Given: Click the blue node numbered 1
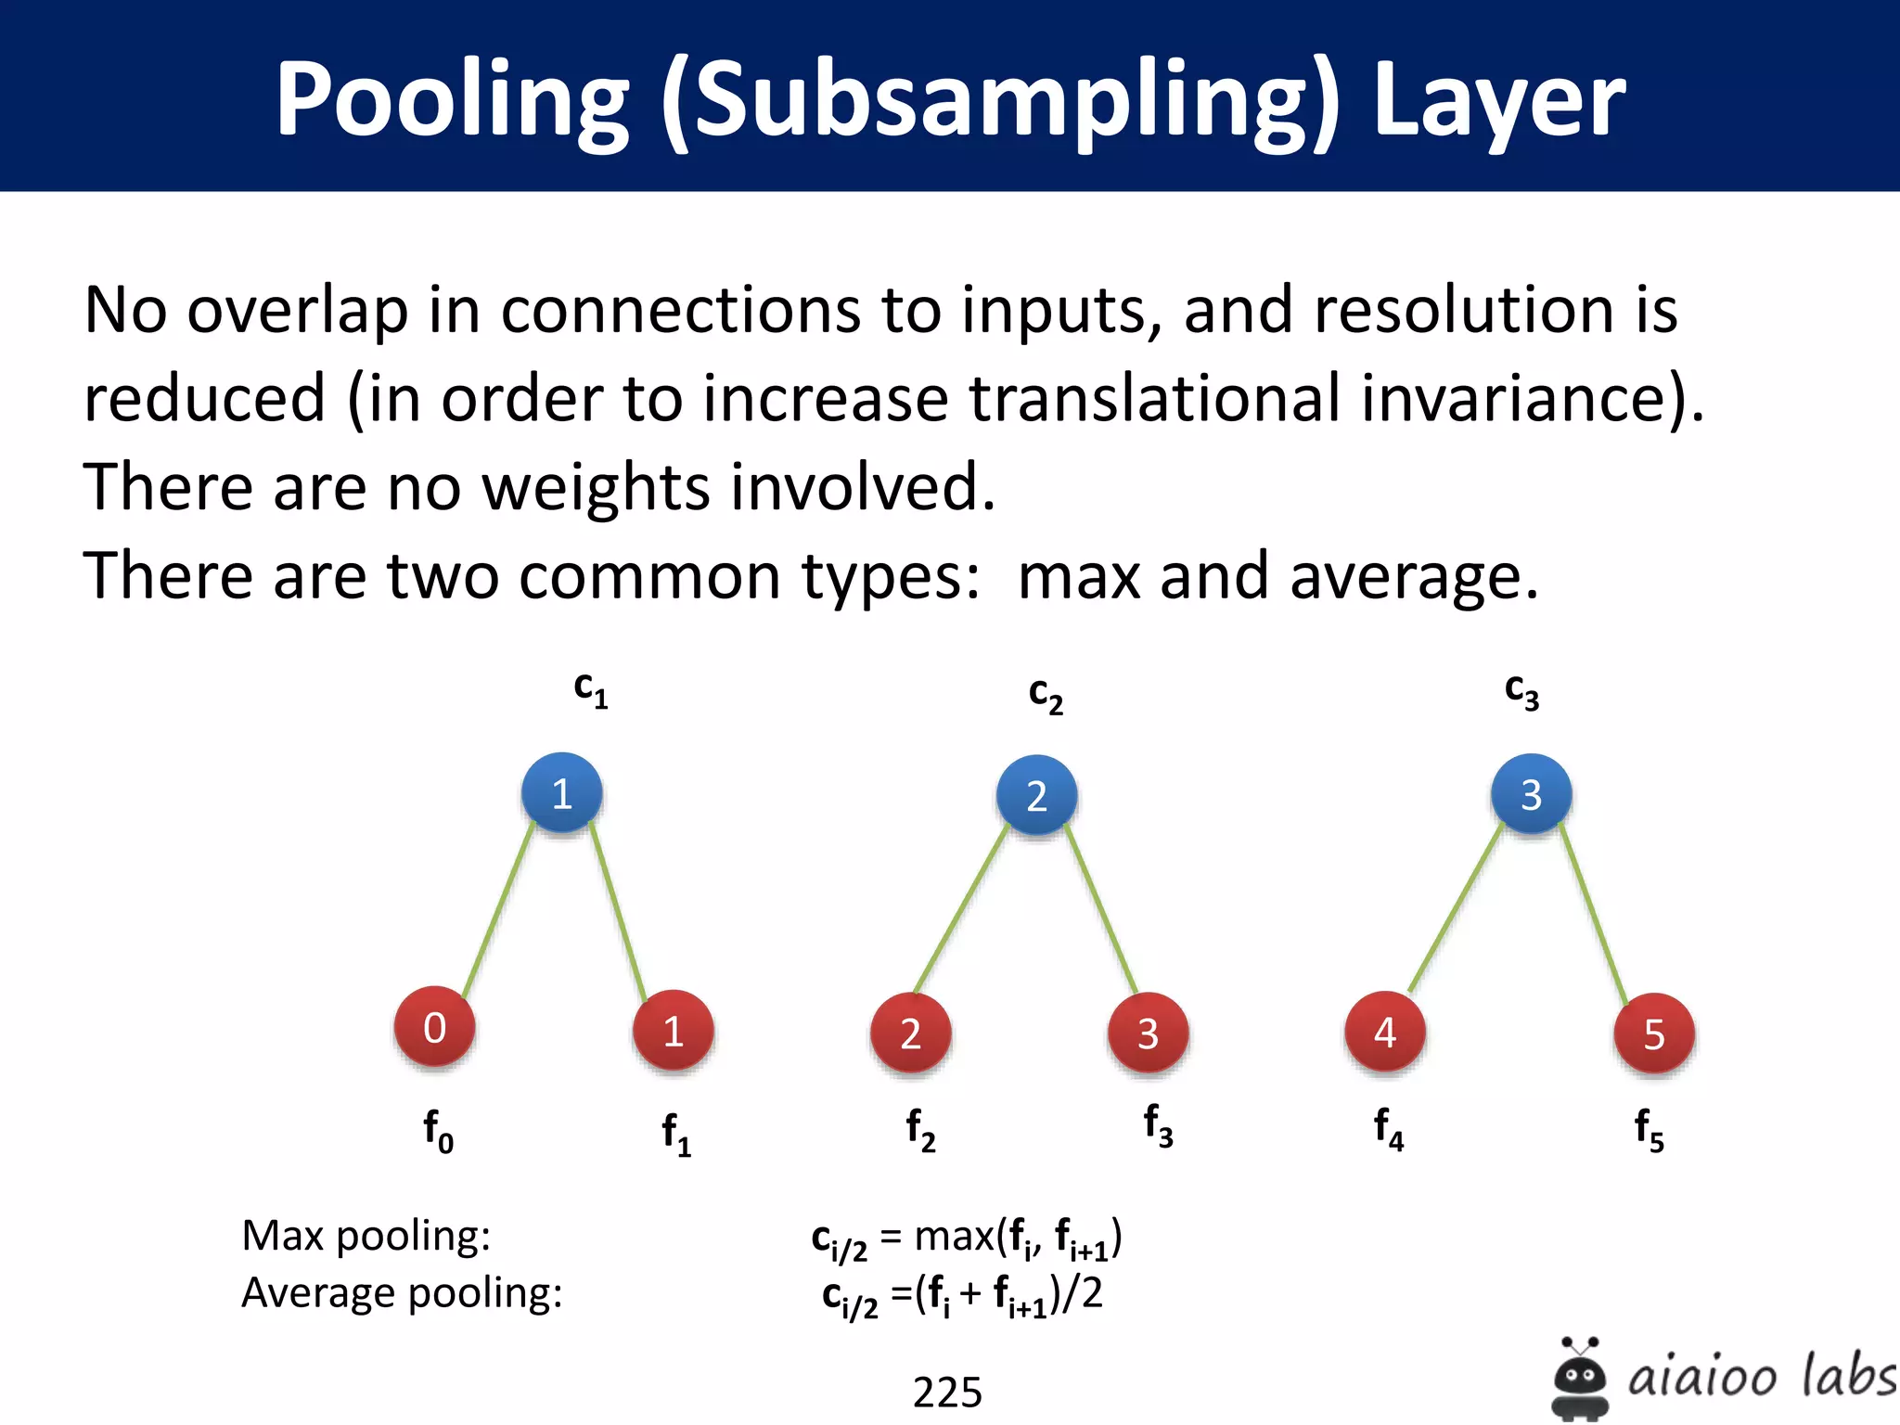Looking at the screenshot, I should (x=561, y=792).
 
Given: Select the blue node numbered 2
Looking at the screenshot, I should (x=1036, y=795).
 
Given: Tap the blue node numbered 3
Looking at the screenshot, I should (x=1531, y=794).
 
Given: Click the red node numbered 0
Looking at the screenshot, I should (x=434, y=1028).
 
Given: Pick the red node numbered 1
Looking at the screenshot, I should (x=674, y=1031).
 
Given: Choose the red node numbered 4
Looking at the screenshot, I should (x=1385, y=1032).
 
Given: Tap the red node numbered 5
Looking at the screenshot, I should (x=1654, y=1033).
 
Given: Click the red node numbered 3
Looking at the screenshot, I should (x=1149, y=1033).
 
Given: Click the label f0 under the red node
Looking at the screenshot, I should (x=438, y=1131).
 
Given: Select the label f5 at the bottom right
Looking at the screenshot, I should (x=1649, y=1130).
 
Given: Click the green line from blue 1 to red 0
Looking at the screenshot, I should (x=499, y=910).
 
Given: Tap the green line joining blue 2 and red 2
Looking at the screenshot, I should (x=961, y=909).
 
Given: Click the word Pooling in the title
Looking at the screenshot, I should (x=452, y=100).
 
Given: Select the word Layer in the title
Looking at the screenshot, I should (x=1497, y=100).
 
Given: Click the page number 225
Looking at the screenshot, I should (x=947, y=1392).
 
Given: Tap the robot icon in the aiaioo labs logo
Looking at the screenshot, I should (x=1579, y=1379).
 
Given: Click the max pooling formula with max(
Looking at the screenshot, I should (x=966, y=1239).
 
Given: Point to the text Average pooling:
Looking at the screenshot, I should (x=402, y=1292).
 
